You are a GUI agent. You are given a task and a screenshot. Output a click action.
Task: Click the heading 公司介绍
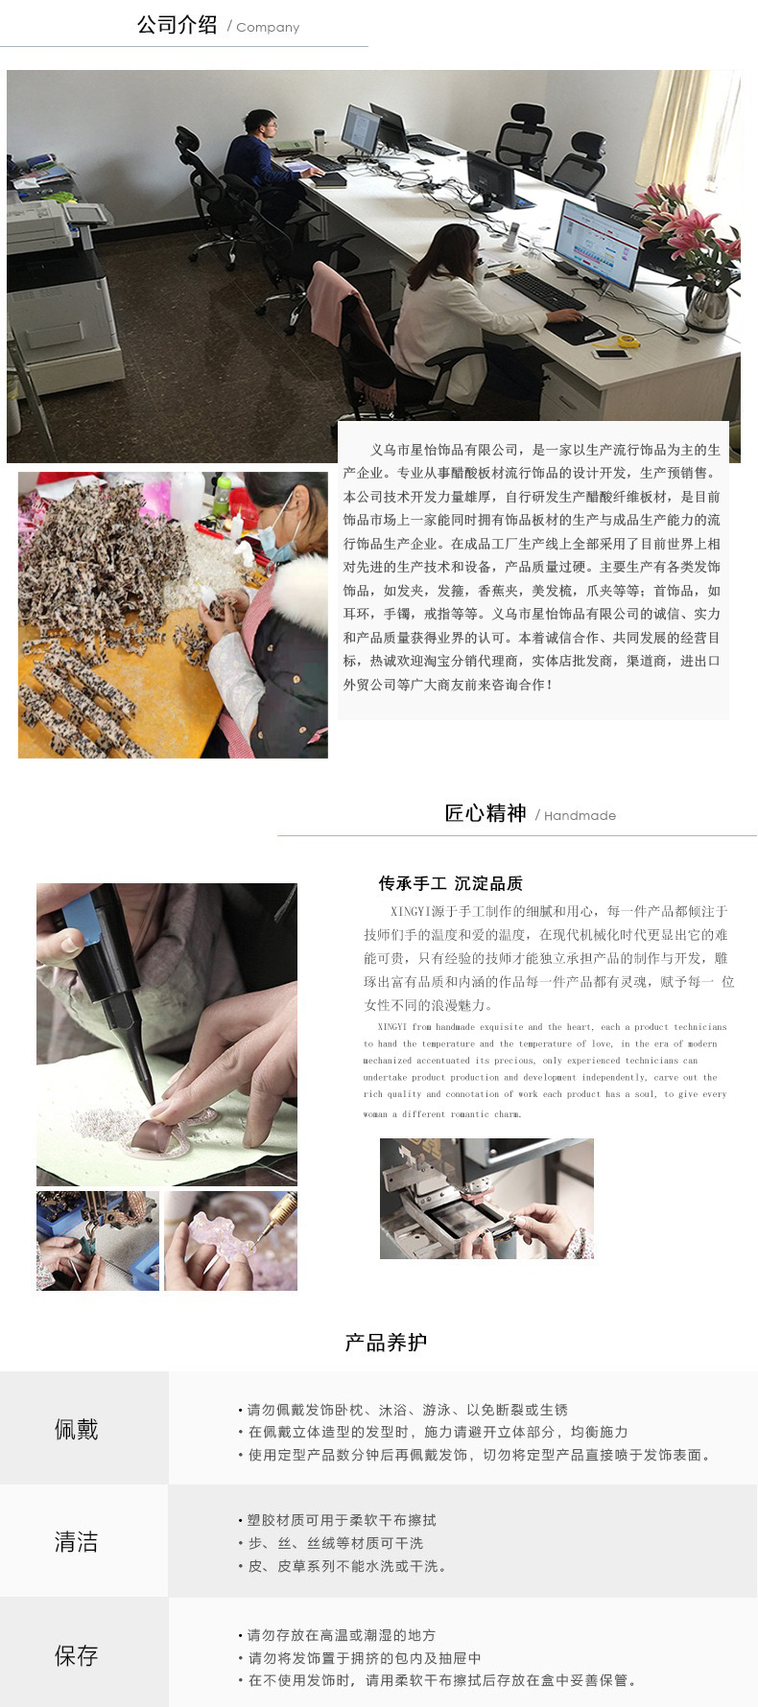tap(177, 25)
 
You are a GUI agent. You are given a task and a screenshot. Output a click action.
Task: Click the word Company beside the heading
tap(268, 28)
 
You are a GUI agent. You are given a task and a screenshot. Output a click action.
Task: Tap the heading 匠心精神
tap(486, 813)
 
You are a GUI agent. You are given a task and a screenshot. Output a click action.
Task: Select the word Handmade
tap(580, 816)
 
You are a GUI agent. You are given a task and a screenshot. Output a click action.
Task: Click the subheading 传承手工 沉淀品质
tap(450, 883)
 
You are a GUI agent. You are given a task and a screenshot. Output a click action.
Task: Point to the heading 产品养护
tap(386, 1343)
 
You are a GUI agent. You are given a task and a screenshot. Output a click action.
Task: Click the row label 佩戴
tap(77, 1430)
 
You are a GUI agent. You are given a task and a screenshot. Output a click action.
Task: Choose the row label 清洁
tap(77, 1542)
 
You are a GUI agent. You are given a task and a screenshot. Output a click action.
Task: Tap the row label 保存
tap(77, 1655)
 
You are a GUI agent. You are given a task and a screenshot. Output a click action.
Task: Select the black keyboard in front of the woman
tap(543, 291)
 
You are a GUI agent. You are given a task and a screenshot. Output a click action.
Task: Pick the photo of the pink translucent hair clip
tap(230, 1241)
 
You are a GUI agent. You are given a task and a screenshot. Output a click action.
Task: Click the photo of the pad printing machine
tap(486, 1199)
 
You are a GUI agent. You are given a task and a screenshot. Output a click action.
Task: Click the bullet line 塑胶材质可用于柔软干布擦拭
tap(342, 1520)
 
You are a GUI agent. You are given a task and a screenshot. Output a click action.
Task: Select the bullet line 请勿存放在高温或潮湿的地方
tap(342, 1635)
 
